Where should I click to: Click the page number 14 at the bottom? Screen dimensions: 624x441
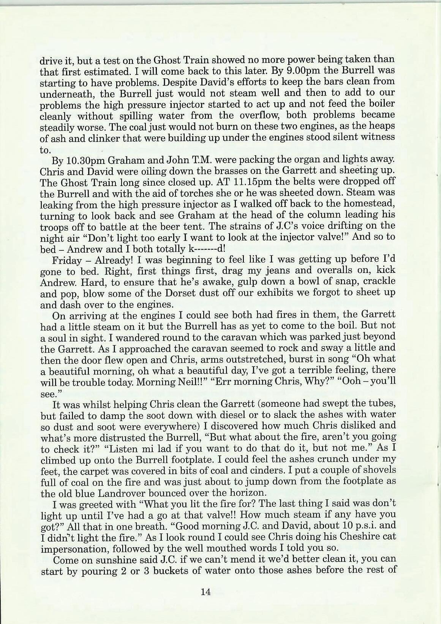[206, 592]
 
